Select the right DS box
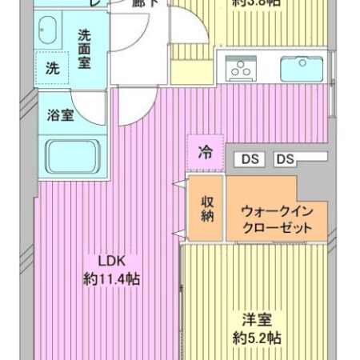coord(286,159)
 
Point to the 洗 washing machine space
coord(51,68)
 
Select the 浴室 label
coord(61,114)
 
